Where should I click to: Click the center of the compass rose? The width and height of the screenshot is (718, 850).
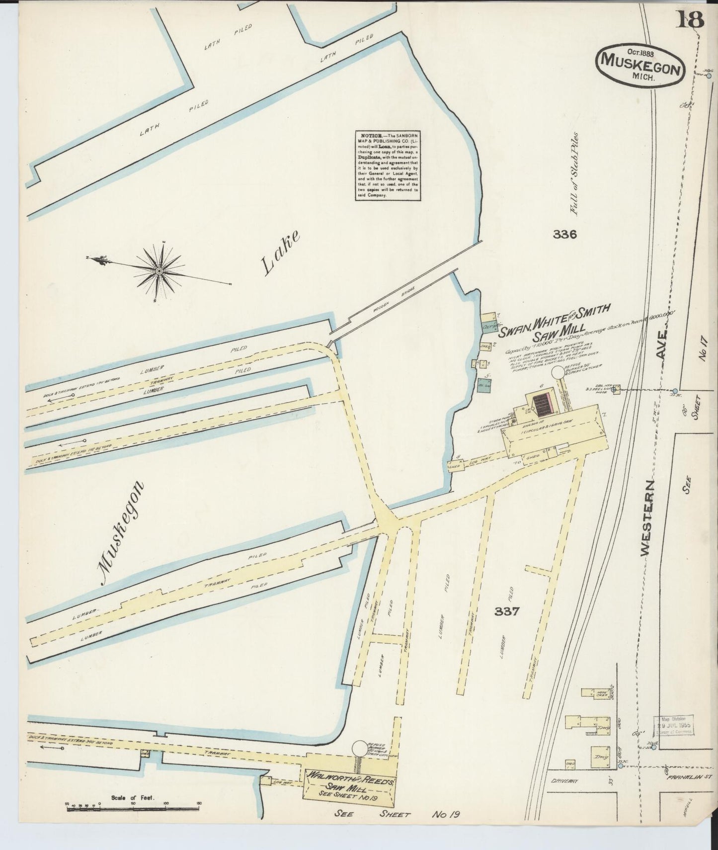point(159,271)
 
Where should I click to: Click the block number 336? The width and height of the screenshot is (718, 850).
point(564,234)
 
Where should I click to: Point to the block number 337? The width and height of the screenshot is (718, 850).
point(507,611)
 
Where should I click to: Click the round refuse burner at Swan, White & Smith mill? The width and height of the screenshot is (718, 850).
point(558,372)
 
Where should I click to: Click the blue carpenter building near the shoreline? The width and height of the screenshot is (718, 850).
point(490,328)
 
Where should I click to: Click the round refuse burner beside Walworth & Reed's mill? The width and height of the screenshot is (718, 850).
point(359,748)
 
